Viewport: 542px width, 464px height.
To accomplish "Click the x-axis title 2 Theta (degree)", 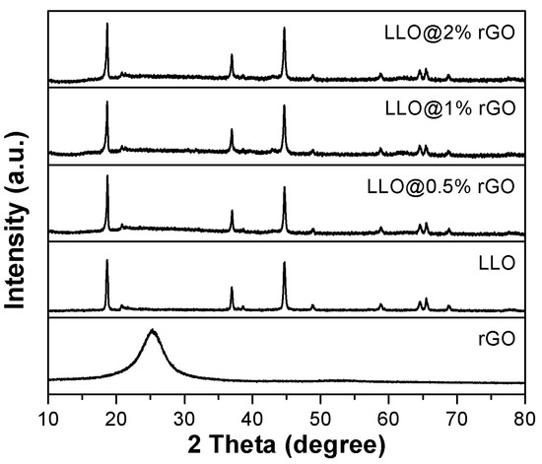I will pos(291,440).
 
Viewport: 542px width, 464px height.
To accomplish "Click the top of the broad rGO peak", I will pos(151,331).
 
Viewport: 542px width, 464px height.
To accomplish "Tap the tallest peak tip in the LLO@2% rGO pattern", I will pos(106,24).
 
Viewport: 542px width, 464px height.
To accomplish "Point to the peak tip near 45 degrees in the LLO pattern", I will pos(284,263).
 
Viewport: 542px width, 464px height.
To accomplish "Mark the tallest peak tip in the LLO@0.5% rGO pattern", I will pos(106,176).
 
